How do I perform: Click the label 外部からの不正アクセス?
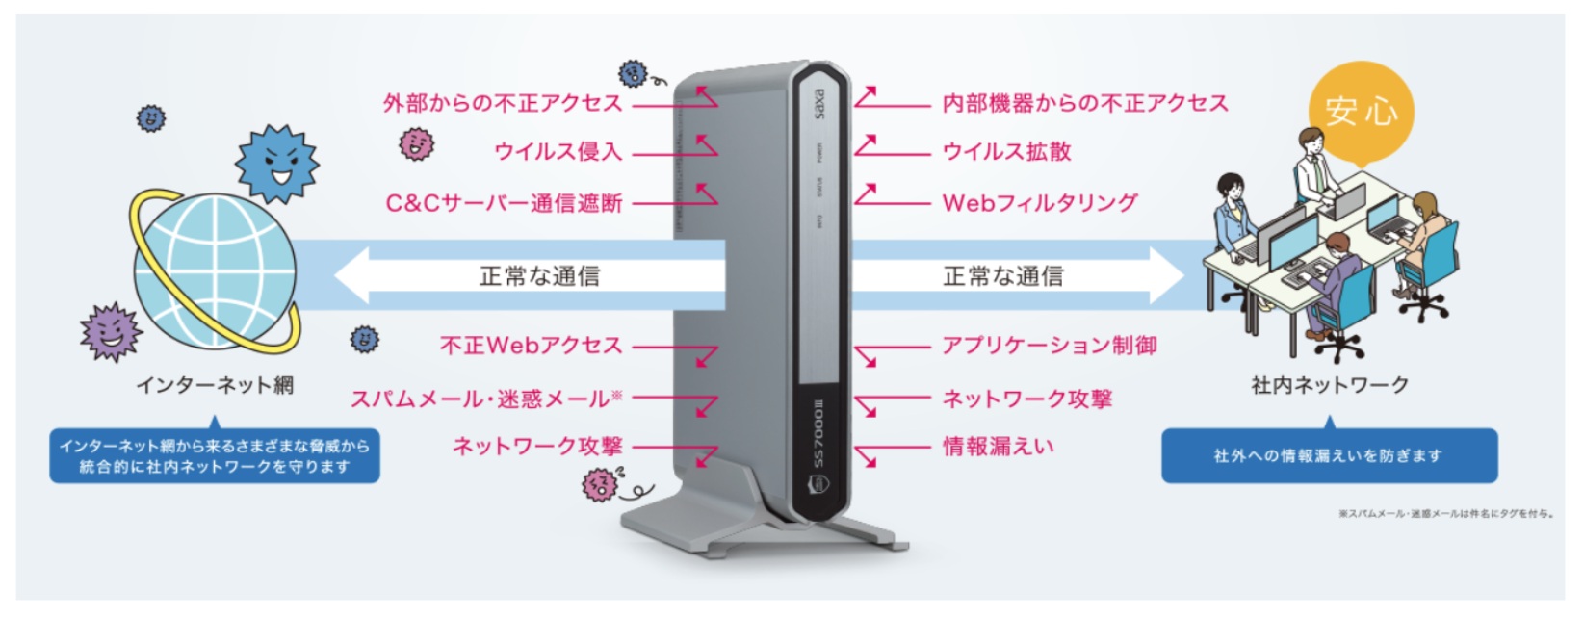[x=503, y=103]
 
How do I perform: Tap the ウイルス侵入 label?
[x=558, y=151]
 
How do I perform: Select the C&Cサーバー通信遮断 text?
[x=505, y=203]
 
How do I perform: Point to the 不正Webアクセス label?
[x=531, y=345]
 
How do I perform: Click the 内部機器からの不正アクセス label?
[x=1085, y=103]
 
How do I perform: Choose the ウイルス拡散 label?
[x=1006, y=151]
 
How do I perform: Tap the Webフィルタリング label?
[x=1039, y=203]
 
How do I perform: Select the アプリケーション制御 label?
[x=1050, y=345]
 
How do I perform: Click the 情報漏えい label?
[x=998, y=446]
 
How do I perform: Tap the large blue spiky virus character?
[x=276, y=163]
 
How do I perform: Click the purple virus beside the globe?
[x=112, y=331]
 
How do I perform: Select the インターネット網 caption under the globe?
[x=215, y=385]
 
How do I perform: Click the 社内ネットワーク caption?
[x=1330, y=385]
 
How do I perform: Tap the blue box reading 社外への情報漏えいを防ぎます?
[x=1329, y=455]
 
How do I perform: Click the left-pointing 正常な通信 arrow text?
[x=539, y=276]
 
